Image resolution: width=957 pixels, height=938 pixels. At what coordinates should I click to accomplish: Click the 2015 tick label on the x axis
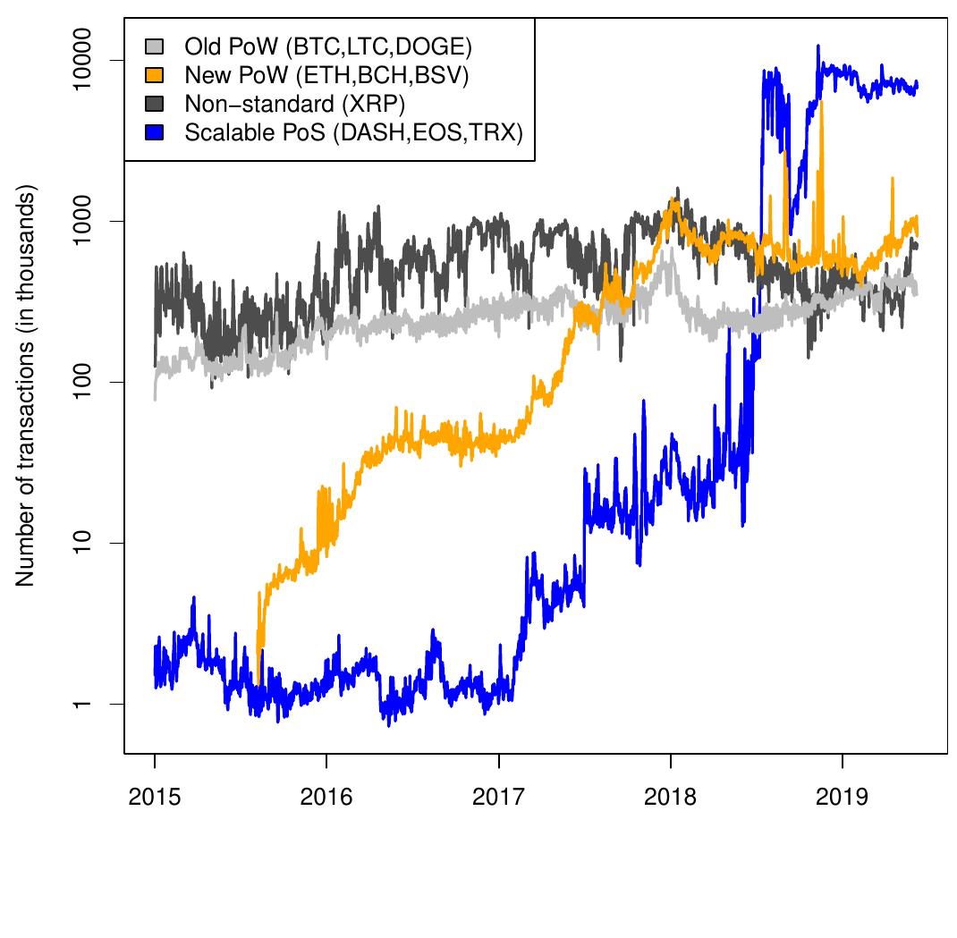[155, 797]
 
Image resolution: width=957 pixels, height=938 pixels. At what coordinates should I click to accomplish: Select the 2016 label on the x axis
[326, 797]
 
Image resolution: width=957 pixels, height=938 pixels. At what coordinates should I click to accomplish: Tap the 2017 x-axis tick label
[499, 797]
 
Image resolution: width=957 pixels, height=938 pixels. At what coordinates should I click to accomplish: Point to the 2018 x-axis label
[670, 797]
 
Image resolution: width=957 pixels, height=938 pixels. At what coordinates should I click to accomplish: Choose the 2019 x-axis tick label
[843, 797]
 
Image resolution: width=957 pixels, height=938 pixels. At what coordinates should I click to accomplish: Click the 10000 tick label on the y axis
[81, 60]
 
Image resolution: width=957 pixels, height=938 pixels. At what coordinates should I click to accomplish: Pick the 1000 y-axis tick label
[81, 221]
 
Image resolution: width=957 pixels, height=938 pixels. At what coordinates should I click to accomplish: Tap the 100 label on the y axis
[81, 382]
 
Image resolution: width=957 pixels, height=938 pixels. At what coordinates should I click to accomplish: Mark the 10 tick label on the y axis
[81, 543]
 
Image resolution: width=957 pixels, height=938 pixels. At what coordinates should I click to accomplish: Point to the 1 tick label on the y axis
[81, 705]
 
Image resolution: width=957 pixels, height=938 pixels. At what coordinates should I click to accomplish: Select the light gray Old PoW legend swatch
[155, 46]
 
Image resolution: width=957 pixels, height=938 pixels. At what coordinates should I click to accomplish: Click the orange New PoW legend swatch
[155, 75]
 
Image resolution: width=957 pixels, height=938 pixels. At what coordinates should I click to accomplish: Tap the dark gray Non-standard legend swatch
[155, 104]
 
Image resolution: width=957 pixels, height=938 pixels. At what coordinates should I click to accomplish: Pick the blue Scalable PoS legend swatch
[155, 132]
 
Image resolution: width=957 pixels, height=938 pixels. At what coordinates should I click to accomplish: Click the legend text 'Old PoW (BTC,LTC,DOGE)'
[328, 47]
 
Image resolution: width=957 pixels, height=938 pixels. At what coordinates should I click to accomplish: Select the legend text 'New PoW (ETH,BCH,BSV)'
[326, 76]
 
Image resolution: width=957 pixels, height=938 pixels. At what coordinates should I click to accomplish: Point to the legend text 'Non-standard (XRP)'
[295, 105]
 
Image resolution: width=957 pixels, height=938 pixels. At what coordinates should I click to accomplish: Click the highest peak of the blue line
[818, 46]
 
